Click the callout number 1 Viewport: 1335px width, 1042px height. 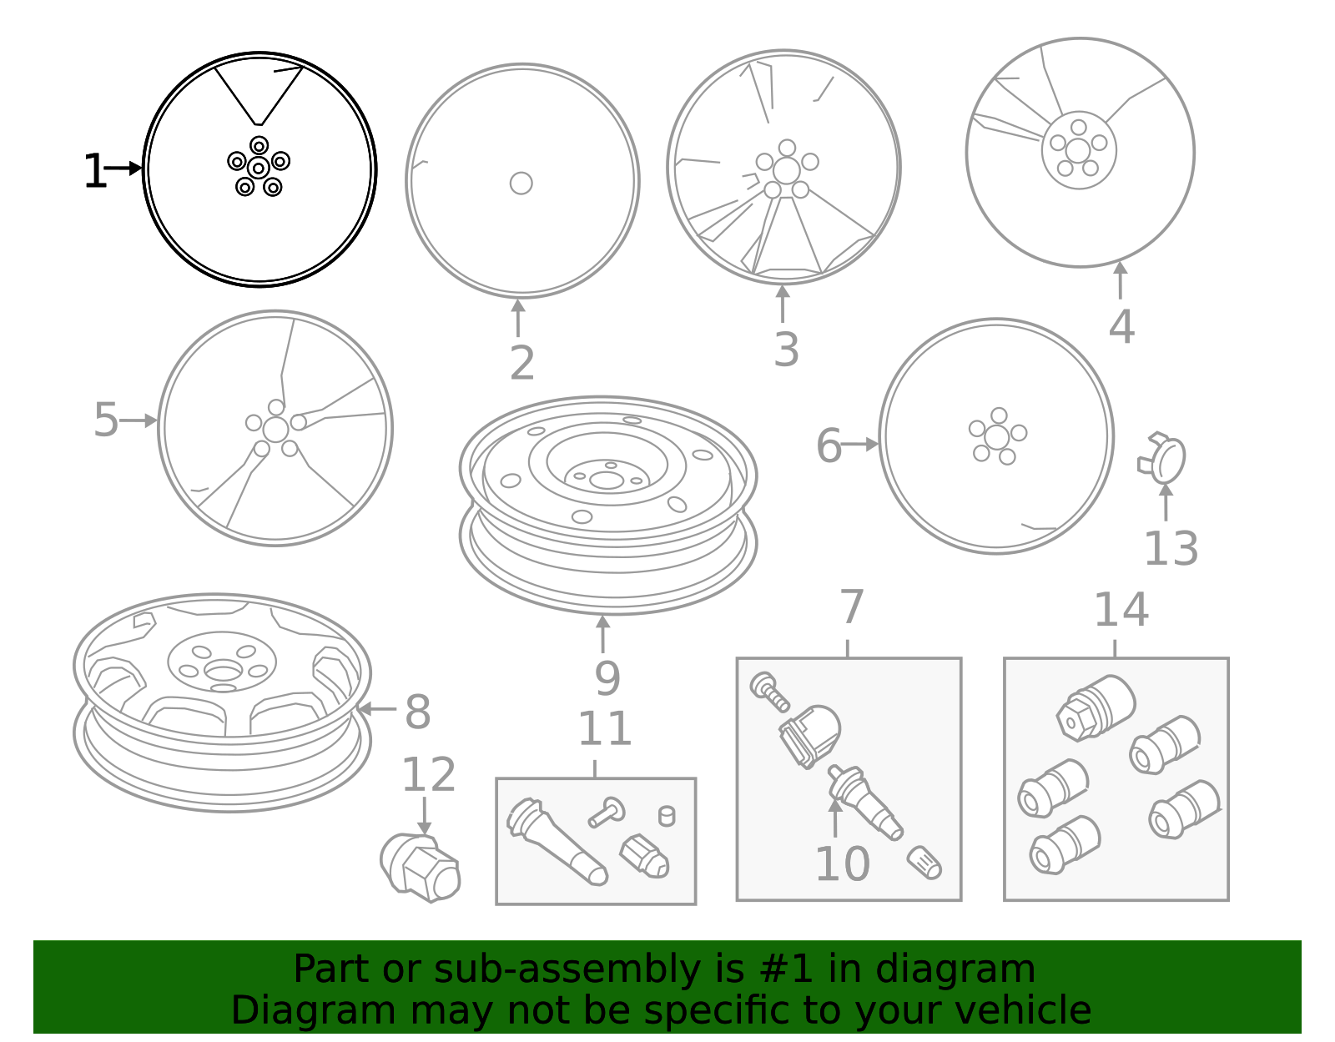pos(94,172)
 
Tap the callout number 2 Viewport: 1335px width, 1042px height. pos(522,363)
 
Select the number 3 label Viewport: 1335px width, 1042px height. pos(786,350)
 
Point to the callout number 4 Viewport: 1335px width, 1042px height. pos(1121,326)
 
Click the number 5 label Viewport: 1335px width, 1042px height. pos(106,420)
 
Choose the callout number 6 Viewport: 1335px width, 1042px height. pos(829,445)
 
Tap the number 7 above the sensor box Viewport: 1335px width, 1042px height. pos(851,607)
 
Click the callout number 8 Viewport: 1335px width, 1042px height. pos(417,712)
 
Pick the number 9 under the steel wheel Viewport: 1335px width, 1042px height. pos(607,678)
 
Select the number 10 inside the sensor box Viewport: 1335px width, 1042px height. pos(842,864)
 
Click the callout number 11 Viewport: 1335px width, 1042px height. pos(605,729)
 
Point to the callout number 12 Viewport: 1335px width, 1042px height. pos(429,775)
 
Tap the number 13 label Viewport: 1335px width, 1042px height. pos(1171,549)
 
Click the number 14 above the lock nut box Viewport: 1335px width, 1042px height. pos(1121,610)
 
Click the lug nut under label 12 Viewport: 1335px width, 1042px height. pos(421,867)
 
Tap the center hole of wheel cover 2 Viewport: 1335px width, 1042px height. pos(521,183)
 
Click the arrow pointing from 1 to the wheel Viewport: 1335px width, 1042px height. pos(123,169)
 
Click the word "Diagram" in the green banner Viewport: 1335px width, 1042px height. pos(279,1010)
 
